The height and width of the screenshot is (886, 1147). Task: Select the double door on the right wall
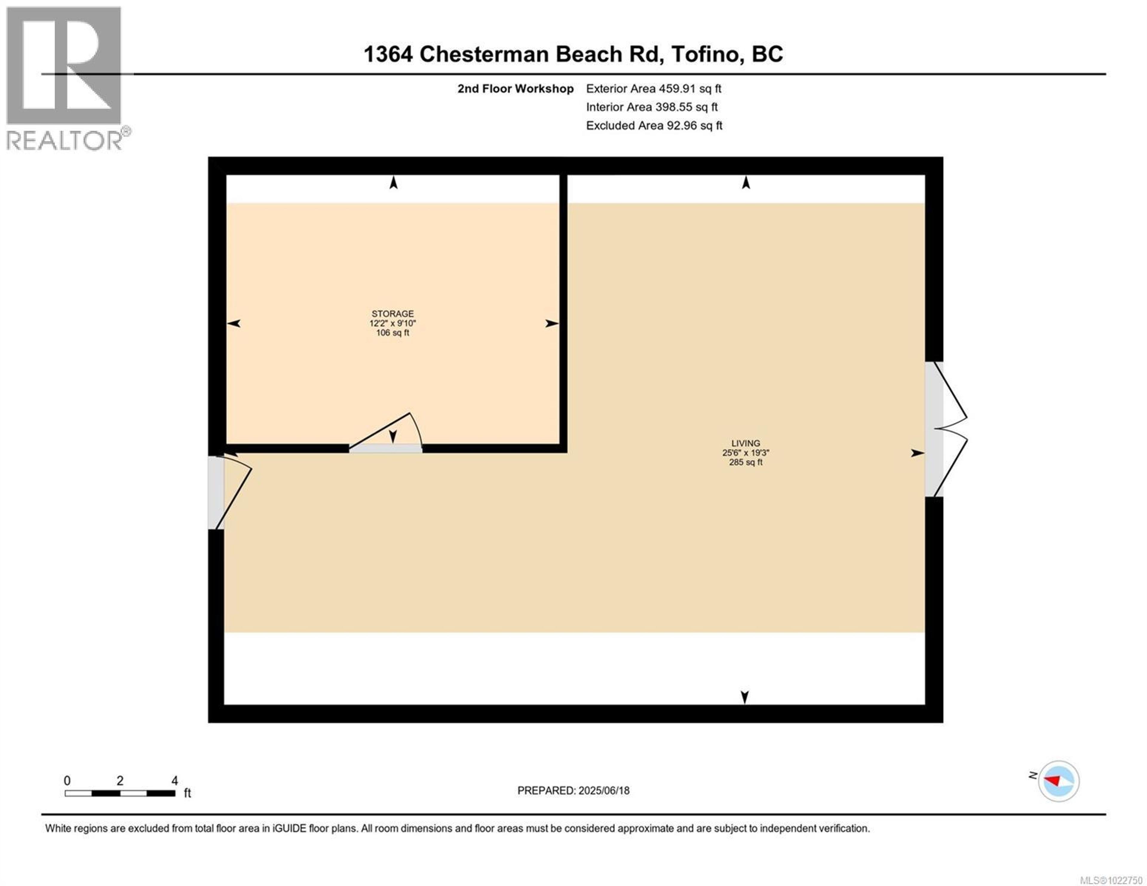945,429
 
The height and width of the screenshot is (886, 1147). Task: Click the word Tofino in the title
707,54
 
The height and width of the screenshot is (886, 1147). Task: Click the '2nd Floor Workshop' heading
515,89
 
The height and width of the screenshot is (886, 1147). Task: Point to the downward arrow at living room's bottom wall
744,697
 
